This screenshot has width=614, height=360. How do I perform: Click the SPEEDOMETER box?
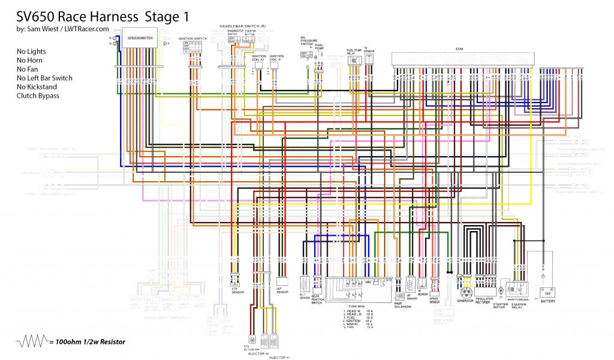pos(140,38)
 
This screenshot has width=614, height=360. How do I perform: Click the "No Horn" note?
pos(31,61)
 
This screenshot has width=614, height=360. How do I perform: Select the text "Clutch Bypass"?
pos(38,95)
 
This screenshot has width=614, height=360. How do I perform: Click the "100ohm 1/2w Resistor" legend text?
pos(88,342)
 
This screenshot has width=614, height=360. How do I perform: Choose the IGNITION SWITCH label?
pos(192,38)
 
